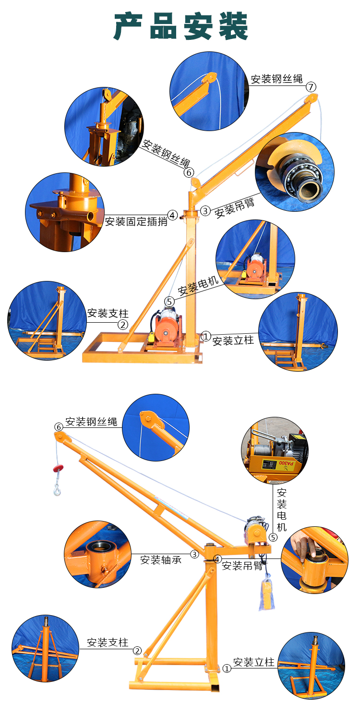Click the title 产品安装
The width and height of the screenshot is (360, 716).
[x=180, y=26]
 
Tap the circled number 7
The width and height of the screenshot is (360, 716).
[x=311, y=87]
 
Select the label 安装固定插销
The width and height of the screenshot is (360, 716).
[x=136, y=221]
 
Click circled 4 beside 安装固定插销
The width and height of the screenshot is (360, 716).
[x=172, y=215]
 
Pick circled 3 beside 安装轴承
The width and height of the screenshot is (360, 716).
[x=194, y=554]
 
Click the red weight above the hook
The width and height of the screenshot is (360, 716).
[x=59, y=468]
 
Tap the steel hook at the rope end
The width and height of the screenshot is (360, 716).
[x=57, y=490]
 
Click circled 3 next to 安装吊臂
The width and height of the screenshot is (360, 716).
[x=205, y=210]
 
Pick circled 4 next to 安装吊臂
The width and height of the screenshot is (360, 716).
[x=217, y=559]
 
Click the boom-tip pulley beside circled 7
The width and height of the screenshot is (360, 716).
[x=312, y=98]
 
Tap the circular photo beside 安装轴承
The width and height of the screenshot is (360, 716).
[x=98, y=554]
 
